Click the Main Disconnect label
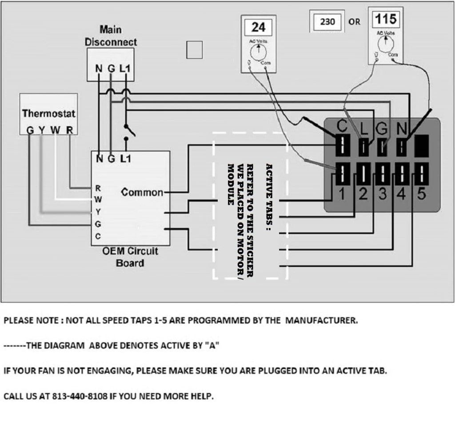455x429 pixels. pyautogui.click(x=111, y=36)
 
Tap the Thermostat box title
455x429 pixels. pyautogui.click(x=49, y=113)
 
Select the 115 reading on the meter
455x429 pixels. pyautogui.click(x=385, y=20)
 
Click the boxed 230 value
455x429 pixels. pyautogui.click(x=327, y=21)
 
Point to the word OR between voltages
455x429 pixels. pyautogui.click(x=355, y=21)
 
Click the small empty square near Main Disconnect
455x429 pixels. pyautogui.click(x=194, y=49)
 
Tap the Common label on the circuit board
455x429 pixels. pyautogui.click(x=142, y=192)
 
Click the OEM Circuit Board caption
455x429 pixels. pyautogui.click(x=130, y=257)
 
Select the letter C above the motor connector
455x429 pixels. pyautogui.click(x=342, y=127)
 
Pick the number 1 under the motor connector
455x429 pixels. pyautogui.click(x=342, y=194)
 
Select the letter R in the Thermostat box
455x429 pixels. pyautogui.click(x=70, y=130)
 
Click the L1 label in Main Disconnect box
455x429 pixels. pyautogui.click(x=128, y=69)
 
